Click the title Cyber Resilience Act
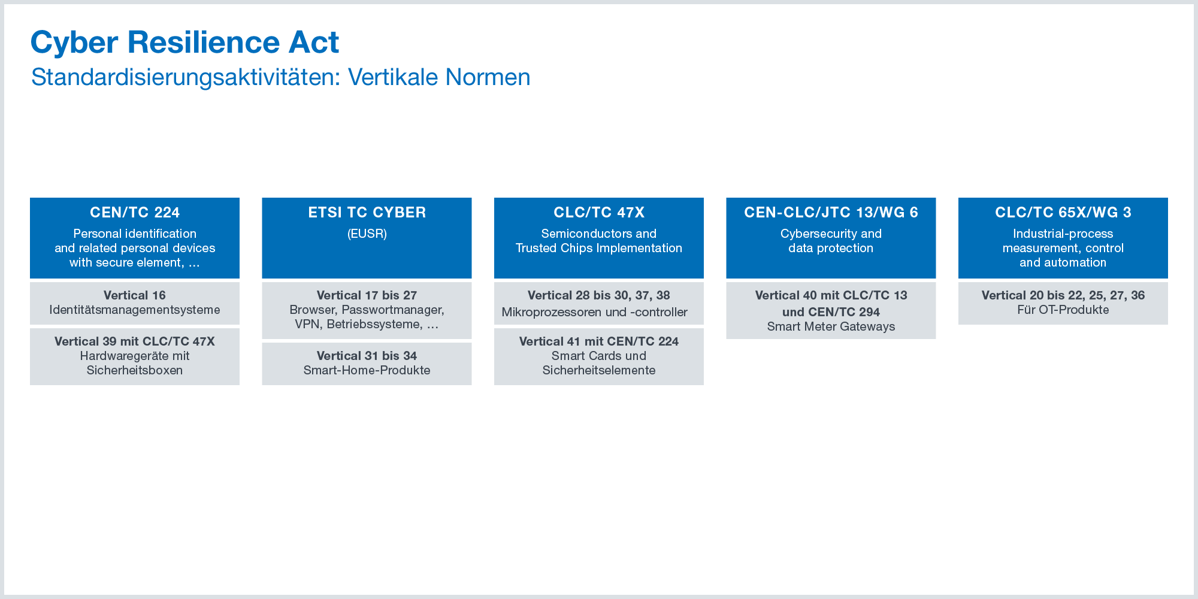[x=184, y=43]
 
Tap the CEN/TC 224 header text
[x=135, y=213]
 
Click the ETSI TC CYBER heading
[x=367, y=213]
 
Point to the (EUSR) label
[x=367, y=234]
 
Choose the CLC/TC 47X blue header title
[x=599, y=213]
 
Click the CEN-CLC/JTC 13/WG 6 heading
[x=831, y=213]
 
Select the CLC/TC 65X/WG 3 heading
[x=1063, y=213]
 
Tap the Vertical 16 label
[x=135, y=295]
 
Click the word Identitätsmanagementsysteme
[x=135, y=310]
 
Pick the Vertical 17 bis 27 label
[x=367, y=295]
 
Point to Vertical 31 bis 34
[x=367, y=356]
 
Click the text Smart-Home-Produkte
[x=367, y=370]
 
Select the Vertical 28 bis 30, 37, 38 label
[x=599, y=295]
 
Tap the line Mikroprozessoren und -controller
[x=595, y=312]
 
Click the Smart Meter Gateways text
[x=831, y=326]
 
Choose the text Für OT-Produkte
[x=1063, y=310]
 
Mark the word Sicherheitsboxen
[x=135, y=370]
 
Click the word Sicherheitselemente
[x=599, y=370]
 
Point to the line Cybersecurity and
[x=831, y=234]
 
